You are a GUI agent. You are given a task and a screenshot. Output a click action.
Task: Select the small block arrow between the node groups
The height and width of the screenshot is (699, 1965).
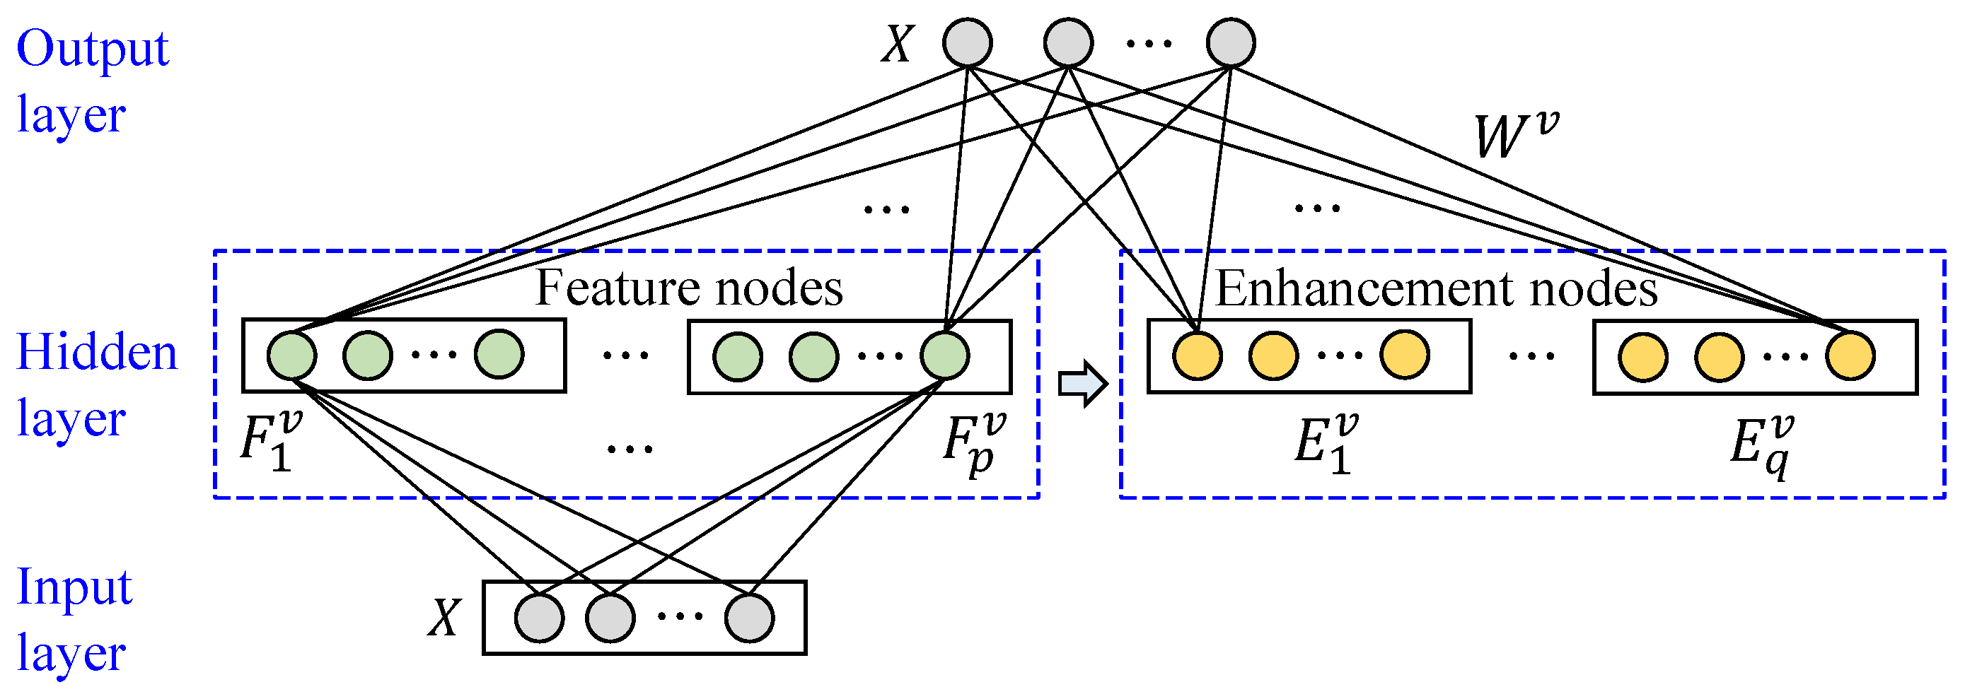pyautogui.click(x=1082, y=383)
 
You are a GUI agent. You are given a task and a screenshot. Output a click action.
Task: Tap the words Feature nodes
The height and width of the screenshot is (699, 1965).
pyautogui.click(x=689, y=288)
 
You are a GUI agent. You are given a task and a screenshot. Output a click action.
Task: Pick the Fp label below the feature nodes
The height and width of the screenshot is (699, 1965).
pyautogui.click(x=973, y=444)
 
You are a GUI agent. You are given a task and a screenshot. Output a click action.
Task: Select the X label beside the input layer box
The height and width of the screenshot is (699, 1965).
pyautogui.click(x=444, y=618)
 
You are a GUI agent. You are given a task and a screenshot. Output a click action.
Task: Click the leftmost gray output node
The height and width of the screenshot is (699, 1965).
pyautogui.click(x=967, y=42)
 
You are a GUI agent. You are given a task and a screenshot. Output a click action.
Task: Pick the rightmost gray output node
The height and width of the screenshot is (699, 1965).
pyautogui.click(x=1230, y=42)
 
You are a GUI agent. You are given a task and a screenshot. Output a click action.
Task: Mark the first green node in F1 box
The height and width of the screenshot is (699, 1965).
pyautogui.click(x=291, y=356)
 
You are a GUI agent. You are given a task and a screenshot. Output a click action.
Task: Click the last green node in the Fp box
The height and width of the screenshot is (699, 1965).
pyautogui.click(x=944, y=356)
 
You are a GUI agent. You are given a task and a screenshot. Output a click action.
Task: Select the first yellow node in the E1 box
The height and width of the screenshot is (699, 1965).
pyautogui.click(x=1197, y=356)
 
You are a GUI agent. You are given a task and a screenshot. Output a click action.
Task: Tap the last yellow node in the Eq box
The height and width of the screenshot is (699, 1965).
pyautogui.click(x=1850, y=356)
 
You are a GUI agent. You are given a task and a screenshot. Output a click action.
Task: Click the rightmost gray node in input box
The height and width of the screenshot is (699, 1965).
pyautogui.click(x=749, y=618)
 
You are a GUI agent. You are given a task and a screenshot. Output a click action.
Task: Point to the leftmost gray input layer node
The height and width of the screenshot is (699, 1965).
pyautogui.click(x=539, y=618)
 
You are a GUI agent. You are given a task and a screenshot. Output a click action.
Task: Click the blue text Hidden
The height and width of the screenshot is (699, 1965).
pyautogui.click(x=97, y=352)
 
